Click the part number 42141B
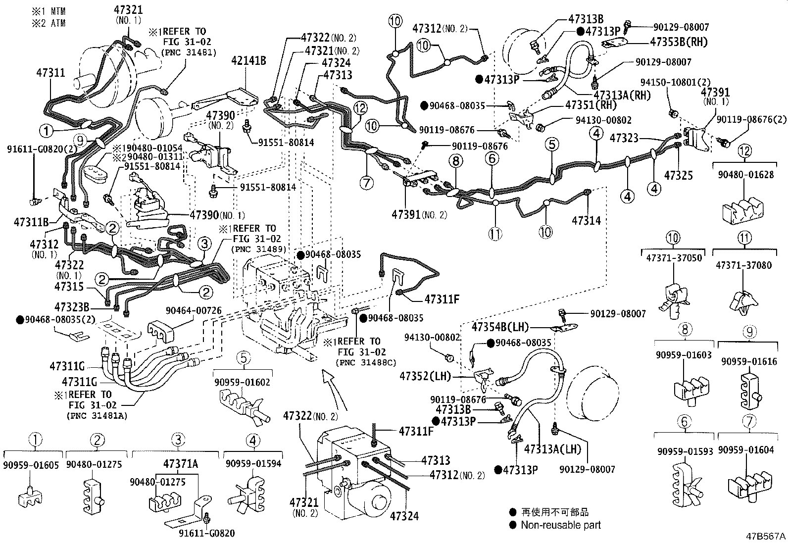click(x=248, y=61)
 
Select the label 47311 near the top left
click(x=50, y=73)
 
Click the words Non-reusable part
click(x=561, y=525)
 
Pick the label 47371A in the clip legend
click(x=181, y=464)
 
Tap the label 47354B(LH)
click(x=500, y=327)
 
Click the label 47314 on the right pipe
click(x=586, y=220)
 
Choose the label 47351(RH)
click(x=591, y=105)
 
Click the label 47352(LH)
click(x=425, y=376)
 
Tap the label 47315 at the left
click(x=69, y=287)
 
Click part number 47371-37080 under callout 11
click(x=743, y=265)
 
